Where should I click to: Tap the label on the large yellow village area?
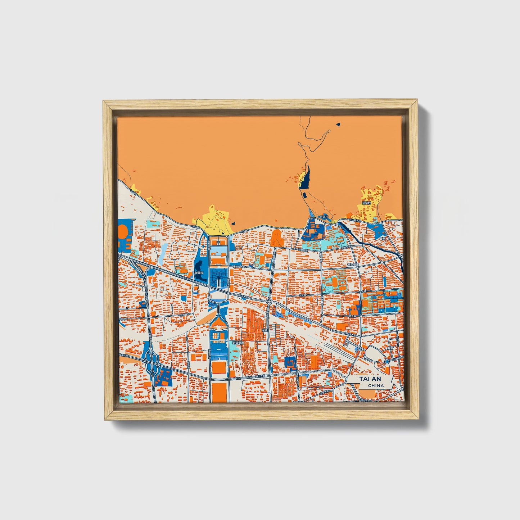coord(366,203)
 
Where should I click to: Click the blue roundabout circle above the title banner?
coord(386,361)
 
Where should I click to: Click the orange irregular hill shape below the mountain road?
coord(276,238)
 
